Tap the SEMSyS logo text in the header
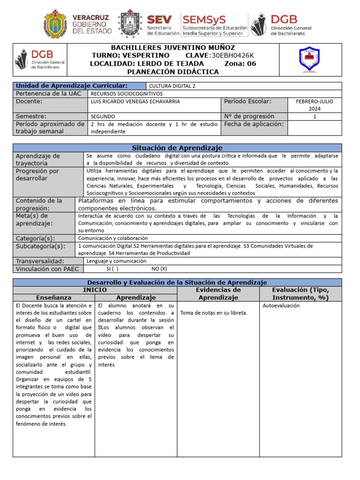coord(204,20)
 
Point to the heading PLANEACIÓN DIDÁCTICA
coord(173,72)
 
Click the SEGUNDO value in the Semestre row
coord(103,117)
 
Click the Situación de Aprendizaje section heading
coord(177,148)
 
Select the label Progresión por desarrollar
coord(37,175)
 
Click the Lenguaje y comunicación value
coord(116,261)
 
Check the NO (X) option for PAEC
coord(159,269)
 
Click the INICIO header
coord(95,290)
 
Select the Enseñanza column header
coord(54,297)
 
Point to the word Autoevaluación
coord(281,306)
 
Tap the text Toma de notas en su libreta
coord(214,313)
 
